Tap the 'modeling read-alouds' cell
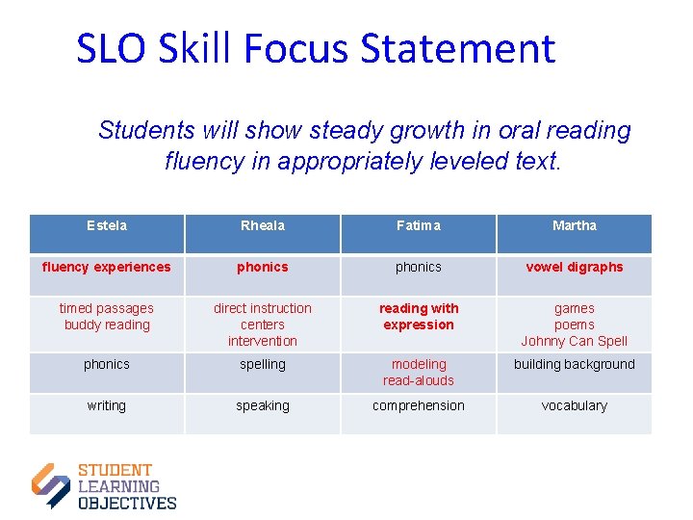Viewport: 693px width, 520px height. point(419,372)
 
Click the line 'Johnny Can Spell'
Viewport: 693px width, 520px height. point(575,341)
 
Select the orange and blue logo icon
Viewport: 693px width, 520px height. point(51,485)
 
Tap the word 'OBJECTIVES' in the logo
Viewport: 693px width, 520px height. point(127,503)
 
